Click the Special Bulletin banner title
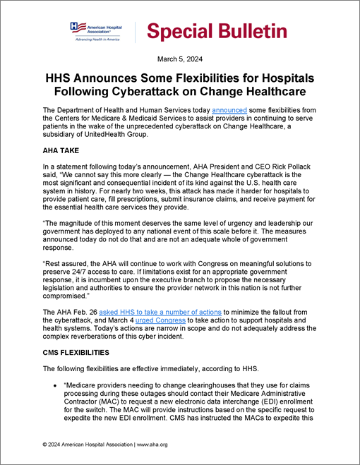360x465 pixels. tap(217, 31)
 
